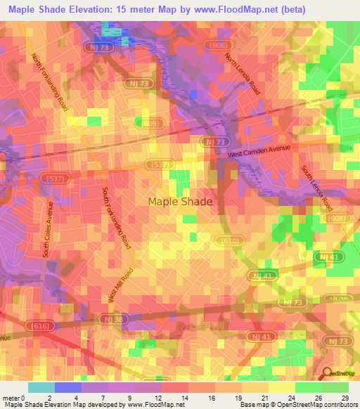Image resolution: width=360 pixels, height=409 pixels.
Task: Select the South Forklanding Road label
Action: tap(116, 219)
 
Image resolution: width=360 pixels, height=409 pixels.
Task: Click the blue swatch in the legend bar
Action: tap(68, 387)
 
